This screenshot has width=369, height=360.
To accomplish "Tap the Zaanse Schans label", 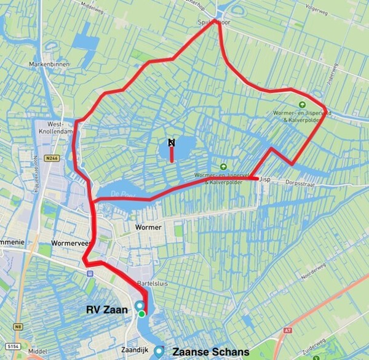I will coord(210,352).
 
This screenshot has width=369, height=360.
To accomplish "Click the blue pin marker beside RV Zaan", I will coord(140,306).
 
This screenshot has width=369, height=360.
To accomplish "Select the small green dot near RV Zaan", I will coord(142,314).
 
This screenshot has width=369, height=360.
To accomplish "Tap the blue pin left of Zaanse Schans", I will coord(159,351).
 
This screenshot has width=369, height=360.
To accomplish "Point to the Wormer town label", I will coord(148,227).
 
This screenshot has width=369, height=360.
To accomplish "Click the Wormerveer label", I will coord(71,242).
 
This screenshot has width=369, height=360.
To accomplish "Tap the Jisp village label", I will coord(265,180).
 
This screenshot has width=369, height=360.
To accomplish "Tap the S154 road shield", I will coord(14,348).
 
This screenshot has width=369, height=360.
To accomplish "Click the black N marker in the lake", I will coord(172,142).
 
